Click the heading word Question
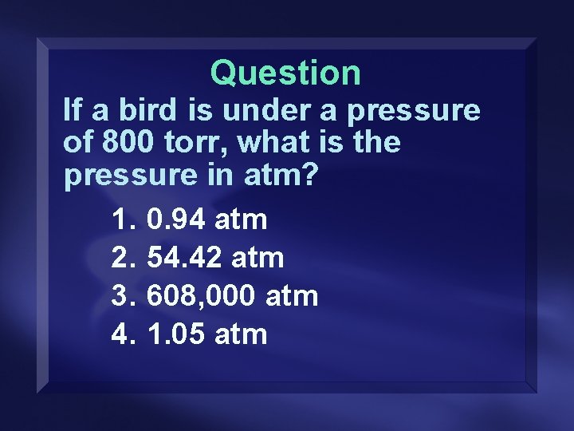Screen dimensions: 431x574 click(285, 73)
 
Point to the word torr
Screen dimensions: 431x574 click(192, 144)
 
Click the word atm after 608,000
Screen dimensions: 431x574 click(291, 296)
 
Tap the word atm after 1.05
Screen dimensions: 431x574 click(241, 334)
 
